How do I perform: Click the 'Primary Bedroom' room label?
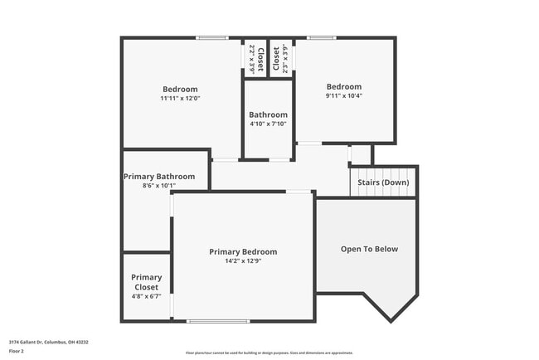click(x=243, y=251)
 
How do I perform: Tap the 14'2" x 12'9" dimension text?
click(x=243, y=261)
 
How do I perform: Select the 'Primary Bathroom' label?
click(x=159, y=177)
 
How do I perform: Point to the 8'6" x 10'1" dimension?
click(x=159, y=186)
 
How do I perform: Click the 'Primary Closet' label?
click(x=147, y=283)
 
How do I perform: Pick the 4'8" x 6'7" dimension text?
click(x=147, y=296)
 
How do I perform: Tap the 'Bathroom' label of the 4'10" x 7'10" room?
click(x=268, y=114)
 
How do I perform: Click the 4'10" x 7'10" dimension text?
click(x=268, y=124)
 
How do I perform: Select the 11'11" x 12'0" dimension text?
click(x=180, y=98)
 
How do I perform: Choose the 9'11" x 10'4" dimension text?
click(x=344, y=95)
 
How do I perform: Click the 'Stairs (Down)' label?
click(x=383, y=182)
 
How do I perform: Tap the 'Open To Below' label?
click(x=369, y=249)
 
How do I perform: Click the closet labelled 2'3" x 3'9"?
click(x=281, y=59)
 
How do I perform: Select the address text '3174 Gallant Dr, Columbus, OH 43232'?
click(x=49, y=342)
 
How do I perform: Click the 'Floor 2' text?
click(x=17, y=351)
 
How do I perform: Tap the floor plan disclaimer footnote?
click(x=269, y=353)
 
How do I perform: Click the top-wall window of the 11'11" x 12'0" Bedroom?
click(x=212, y=37)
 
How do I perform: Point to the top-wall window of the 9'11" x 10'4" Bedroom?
click(x=322, y=37)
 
